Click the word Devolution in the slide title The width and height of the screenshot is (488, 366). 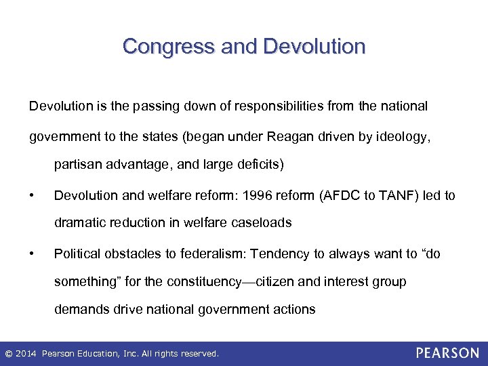[314, 46]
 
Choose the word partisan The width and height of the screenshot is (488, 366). [77, 164]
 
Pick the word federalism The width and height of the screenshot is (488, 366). [213, 254]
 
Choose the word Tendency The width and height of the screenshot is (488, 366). [280, 254]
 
